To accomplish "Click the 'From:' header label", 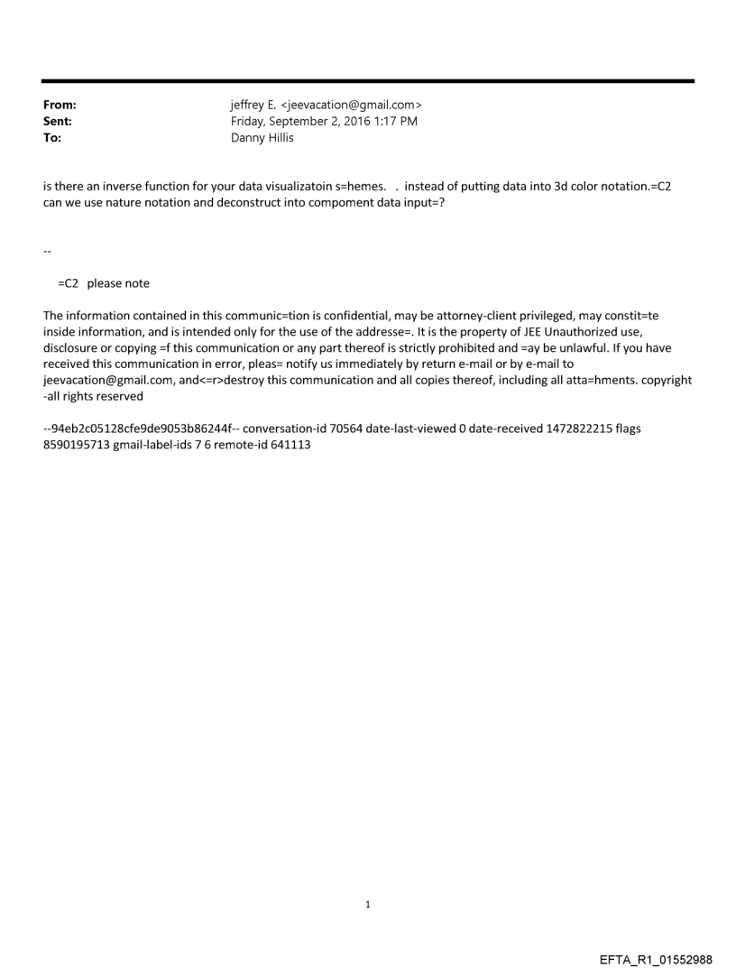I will (60, 106).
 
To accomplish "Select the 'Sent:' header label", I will (58, 121).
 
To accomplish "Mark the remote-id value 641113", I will (290, 445).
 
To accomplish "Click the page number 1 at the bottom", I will (368, 904).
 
